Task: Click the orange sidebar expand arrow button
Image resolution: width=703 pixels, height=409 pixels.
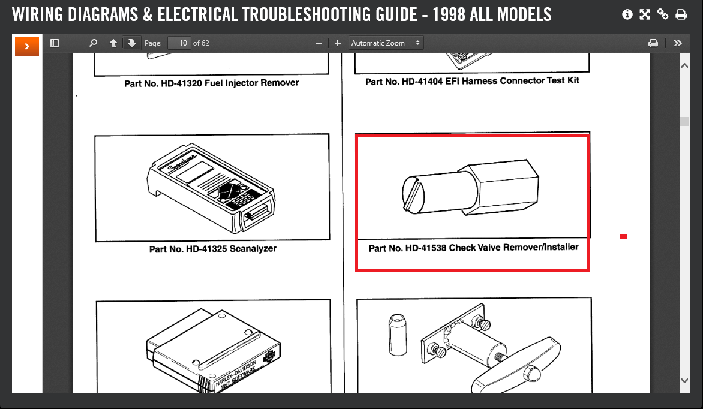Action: coord(27,46)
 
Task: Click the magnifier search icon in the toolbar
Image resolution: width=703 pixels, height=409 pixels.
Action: coord(93,43)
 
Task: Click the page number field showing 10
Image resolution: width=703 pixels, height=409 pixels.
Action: coord(179,43)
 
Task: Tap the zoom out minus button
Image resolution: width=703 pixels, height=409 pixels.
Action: coord(319,43)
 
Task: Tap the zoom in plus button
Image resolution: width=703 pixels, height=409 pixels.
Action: coord(338,43)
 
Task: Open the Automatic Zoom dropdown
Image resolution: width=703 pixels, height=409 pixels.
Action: coord(386,43)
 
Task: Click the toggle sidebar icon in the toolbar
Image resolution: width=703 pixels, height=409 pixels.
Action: coord(55,43)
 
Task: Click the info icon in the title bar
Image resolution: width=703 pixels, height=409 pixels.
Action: coord(627,14)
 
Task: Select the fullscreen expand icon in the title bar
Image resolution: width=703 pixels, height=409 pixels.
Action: coord(645,14)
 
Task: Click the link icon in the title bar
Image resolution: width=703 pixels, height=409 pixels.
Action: coord(663,14)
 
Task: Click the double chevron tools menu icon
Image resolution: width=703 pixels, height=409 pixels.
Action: coord(678,43)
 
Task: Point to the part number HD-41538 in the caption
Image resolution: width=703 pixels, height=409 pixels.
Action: coord(425,248)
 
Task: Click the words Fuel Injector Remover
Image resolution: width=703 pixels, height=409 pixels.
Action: coord(252,83)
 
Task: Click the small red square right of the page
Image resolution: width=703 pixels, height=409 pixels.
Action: coord(623,237)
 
